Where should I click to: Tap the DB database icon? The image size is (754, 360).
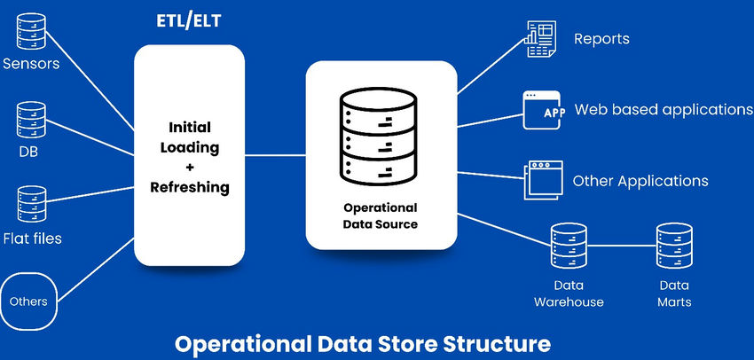[x=31, y=121]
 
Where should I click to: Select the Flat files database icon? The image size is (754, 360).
[x=31, y=207]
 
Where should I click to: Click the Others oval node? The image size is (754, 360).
[x=28, y=301]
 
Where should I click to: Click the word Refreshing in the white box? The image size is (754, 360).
[x=188, y=187]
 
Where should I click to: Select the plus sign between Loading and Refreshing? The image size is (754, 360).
[x=188, y=168]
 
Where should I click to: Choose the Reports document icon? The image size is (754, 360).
[x=542, y=40]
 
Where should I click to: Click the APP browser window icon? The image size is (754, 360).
[x=542, y=110]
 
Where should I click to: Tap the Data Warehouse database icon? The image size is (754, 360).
[x=568, y=247]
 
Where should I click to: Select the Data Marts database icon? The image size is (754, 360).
[x=673, y=247]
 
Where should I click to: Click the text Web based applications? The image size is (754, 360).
[x=664, y=110]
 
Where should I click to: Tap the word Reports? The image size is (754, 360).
[x=601, y=39]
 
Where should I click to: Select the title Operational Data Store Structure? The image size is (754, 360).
[x=362, y=342]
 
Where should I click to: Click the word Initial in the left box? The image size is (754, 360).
[x=188, y=127]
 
